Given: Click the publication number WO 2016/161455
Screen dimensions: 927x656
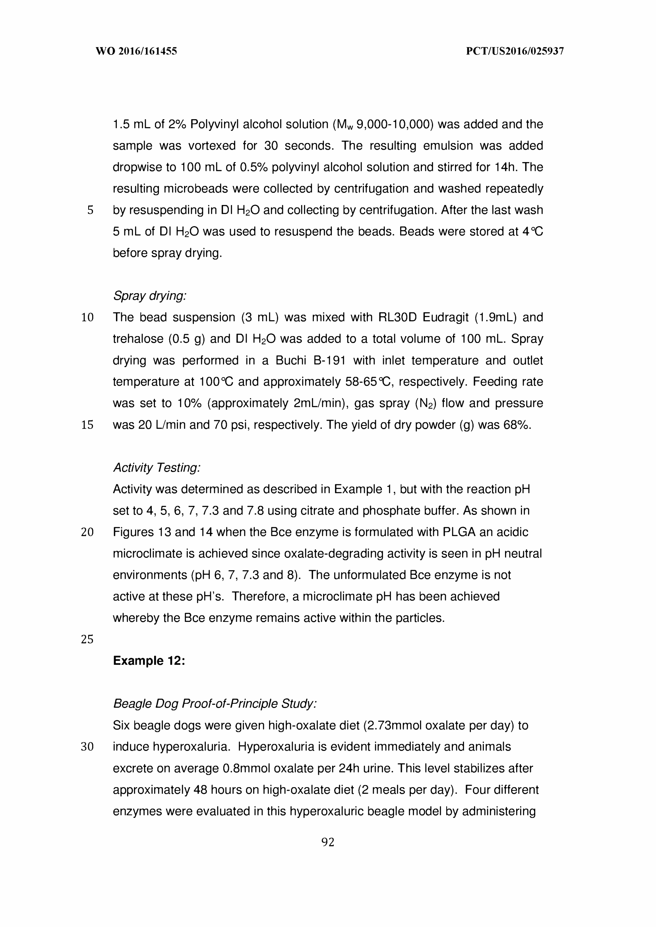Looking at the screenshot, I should (136, 51).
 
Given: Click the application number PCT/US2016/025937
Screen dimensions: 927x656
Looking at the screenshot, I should (515, 51).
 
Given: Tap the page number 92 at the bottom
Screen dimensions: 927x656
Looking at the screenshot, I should (327, 842).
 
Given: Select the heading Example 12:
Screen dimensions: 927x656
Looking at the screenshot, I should (149, 660).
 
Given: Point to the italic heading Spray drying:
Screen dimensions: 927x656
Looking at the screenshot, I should (149, 296).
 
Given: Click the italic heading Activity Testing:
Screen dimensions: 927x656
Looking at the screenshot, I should (157, 468).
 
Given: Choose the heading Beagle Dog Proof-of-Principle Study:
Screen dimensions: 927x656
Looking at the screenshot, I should (215, 704).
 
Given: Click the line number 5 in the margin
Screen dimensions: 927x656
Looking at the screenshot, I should (90, 210).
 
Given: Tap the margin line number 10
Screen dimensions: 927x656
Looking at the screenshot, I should (87, 317).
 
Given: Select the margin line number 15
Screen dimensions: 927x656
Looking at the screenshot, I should (87, 425).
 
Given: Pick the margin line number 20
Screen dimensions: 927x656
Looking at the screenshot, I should (87, 532).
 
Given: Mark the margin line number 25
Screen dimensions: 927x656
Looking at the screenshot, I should (87, 639).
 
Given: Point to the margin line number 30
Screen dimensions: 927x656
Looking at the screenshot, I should (87, 747).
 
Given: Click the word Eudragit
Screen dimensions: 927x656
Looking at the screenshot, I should (445, 317).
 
